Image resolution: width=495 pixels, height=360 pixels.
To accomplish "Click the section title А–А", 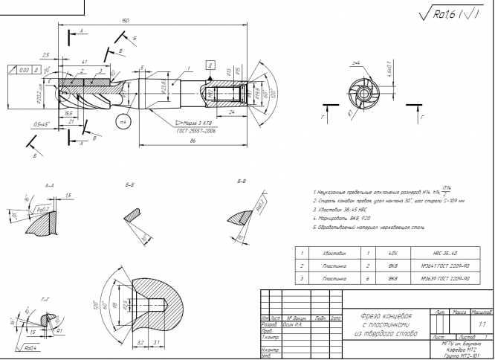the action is tap(51, 182).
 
